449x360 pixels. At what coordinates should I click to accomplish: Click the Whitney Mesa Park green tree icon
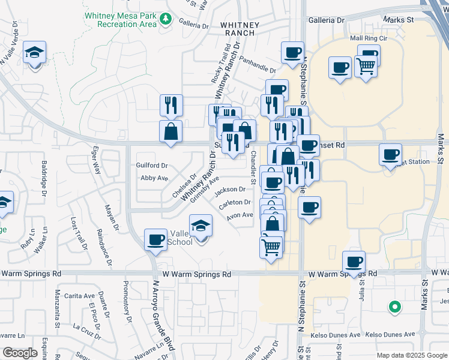[166, 20]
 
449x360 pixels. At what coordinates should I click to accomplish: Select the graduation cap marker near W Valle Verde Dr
[34, 53]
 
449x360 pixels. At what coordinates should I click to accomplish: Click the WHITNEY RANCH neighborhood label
[240, 29]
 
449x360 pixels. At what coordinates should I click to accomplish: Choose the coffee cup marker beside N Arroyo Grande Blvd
[155, 240]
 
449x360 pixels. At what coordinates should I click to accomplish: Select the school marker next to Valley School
[201, 227]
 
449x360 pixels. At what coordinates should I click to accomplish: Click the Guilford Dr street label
[152, 165]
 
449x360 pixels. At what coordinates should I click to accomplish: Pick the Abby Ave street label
[154, 178]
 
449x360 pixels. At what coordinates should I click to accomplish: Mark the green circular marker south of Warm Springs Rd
[394, 307]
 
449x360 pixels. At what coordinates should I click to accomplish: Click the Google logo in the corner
[20, 353]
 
